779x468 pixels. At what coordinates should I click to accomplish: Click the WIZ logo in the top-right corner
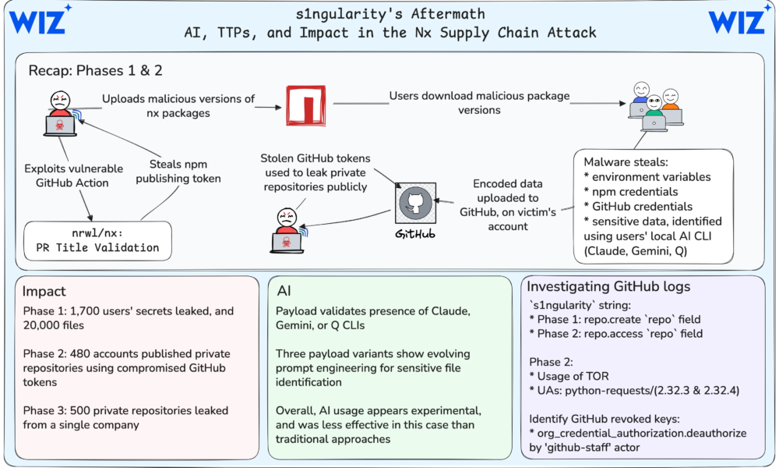738,20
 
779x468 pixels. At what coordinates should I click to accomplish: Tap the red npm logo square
306,105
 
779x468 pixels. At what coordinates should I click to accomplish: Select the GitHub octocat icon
416,203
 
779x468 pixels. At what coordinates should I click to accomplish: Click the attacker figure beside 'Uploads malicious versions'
60,113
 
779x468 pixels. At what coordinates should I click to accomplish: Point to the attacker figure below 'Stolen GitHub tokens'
287,230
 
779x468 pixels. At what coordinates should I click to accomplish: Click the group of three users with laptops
655,106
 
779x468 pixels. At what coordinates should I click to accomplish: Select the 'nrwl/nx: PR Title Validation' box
98,241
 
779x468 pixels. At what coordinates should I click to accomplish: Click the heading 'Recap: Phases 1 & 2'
95,71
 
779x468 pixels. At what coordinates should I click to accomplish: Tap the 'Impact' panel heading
44,291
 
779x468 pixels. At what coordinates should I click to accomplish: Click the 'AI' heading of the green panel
284,291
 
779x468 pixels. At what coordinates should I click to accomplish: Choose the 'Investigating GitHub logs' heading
608,286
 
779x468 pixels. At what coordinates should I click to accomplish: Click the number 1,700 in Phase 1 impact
83,311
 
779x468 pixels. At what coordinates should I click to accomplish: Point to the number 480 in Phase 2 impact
79,353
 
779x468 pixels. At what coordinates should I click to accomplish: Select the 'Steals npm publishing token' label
178,172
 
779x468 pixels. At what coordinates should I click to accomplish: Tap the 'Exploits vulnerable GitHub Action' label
73,175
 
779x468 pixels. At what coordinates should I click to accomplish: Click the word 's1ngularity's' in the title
349,14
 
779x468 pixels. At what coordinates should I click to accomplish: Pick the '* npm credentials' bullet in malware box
631,192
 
